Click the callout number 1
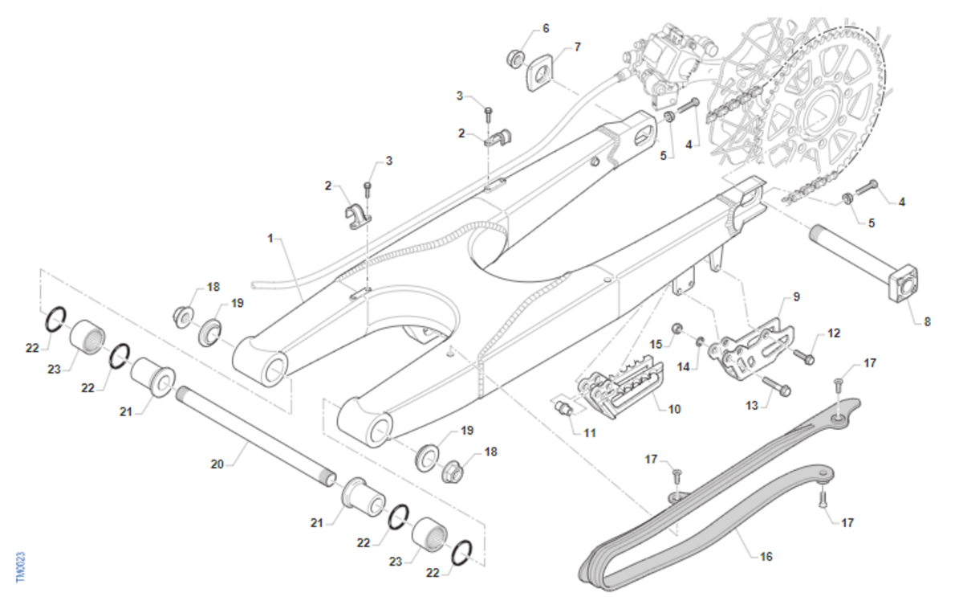pyautogui.click(x=271, y=239)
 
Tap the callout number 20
pyautogui.click(x=217, y=464)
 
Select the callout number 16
pyautogui.click(x=766, y=556)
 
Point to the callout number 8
pyautogui.click(x=927, y=321)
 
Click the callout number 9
pyautogui.click(x=796, y=296)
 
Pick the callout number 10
pyautogui.click(x=674, y=409)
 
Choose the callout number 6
pyautogui.click(x=546, y=28)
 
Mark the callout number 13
pyautogui.click(x=752, y=407)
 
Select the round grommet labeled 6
pyautogui.click(x=516, y=58)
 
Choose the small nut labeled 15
pyautogui.click(x=677, y=328)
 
